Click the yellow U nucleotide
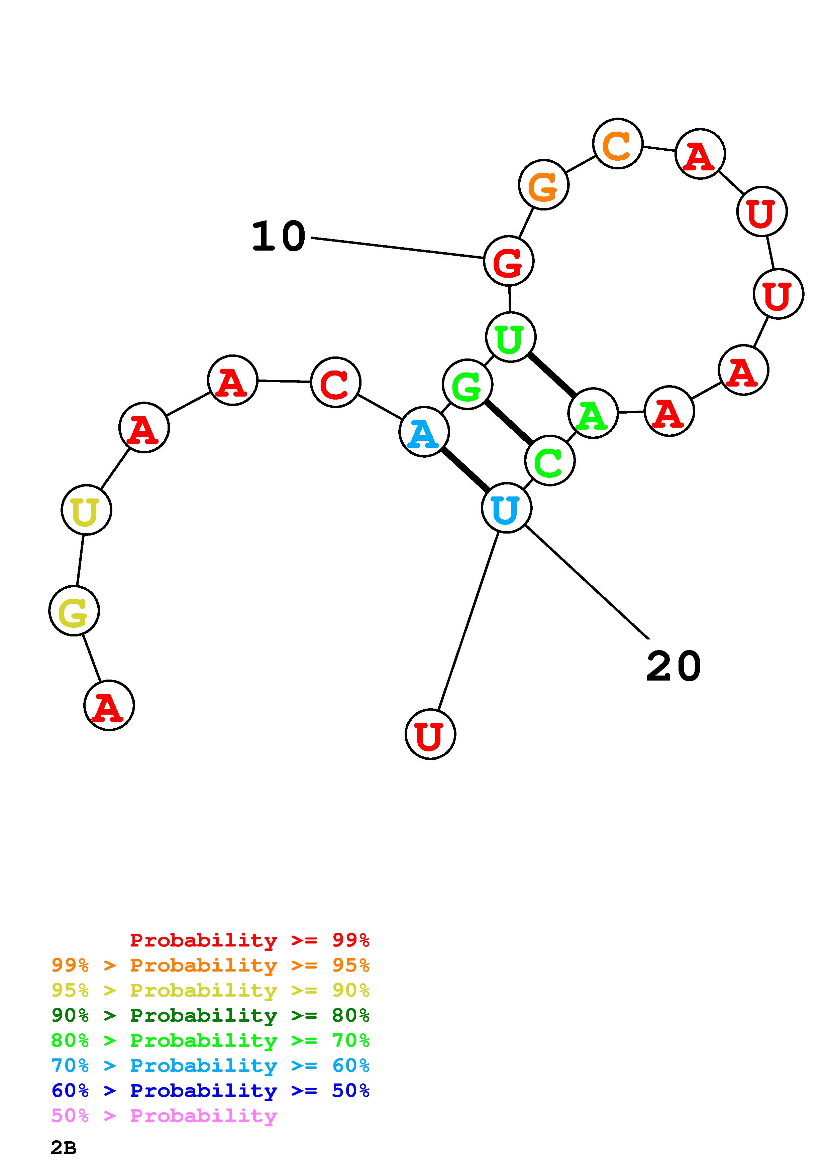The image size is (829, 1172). pos(86,510)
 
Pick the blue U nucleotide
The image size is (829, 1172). pos(507,508)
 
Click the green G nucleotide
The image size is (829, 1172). pos(468,384)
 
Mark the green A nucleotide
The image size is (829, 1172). pos(593,413)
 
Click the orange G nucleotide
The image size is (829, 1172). pos(543,185)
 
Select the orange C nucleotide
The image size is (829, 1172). pos(618,143)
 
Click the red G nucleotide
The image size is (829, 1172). pos(509,261)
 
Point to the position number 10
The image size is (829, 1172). pos(279,236)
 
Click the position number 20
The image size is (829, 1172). pos(673,666)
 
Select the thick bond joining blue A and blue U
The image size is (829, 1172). pos(465,470)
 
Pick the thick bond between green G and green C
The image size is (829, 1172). pos(508,422)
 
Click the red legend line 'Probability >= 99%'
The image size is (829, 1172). pos(249,940)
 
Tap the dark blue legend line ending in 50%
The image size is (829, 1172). pos(210,1090)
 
